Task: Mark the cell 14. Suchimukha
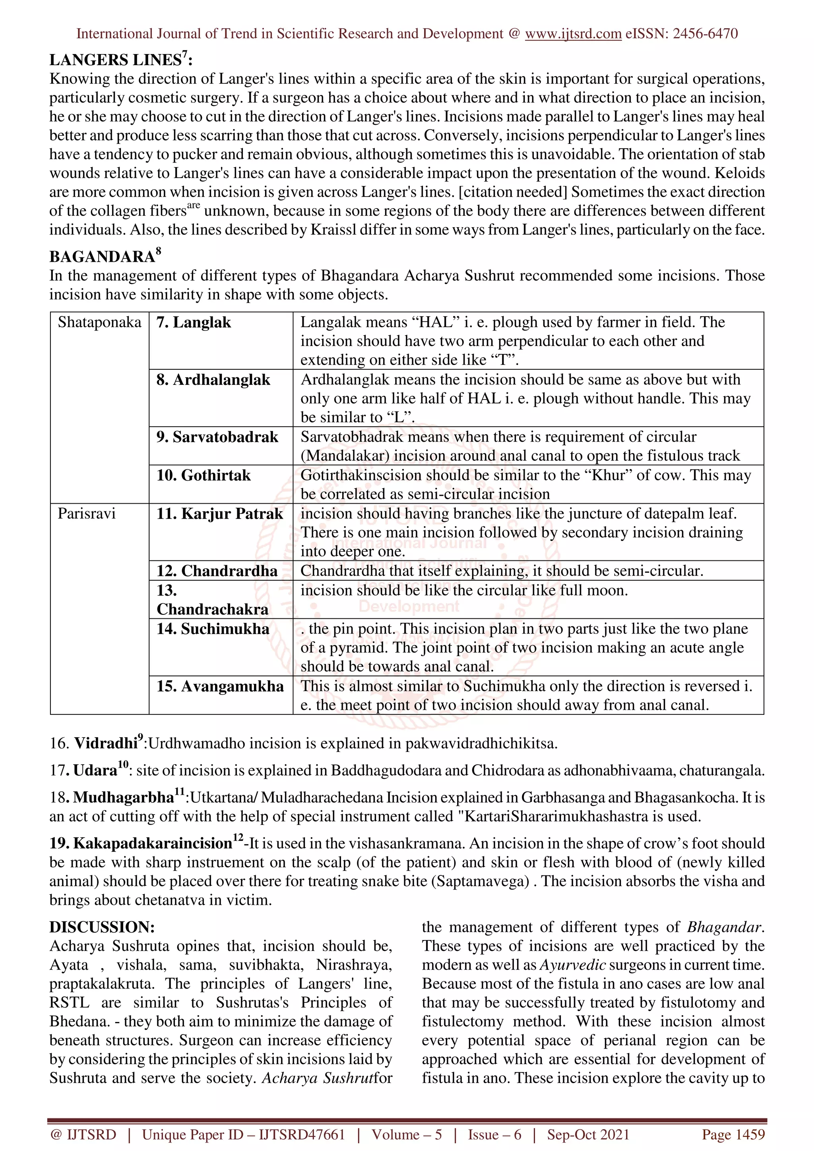point(213,629)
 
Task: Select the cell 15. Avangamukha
point(220,686)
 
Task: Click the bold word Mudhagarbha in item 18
point(123,798)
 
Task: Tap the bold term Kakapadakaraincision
point(153,844)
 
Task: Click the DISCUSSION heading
point(102,927)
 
